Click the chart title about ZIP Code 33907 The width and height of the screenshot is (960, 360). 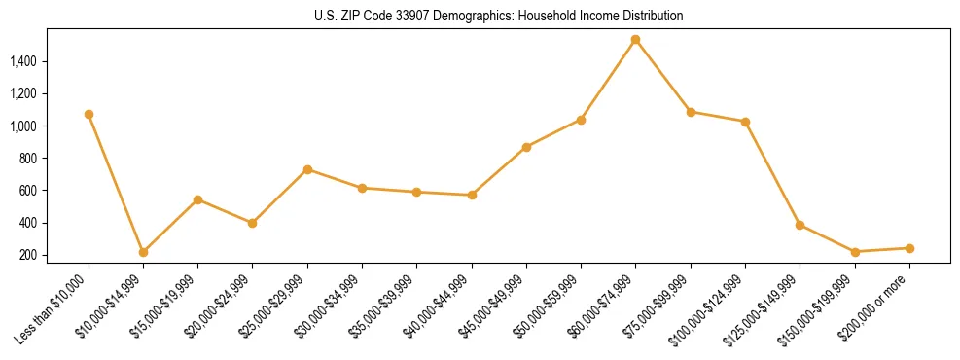pos(499,16)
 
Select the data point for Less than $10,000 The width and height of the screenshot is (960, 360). pos(89,114)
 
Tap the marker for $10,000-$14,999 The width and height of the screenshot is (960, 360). pos(143,252)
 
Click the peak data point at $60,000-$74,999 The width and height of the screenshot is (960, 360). pos(635,40)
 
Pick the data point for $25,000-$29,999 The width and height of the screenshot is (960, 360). pos(307,169)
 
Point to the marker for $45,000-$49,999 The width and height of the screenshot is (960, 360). pos(526,147)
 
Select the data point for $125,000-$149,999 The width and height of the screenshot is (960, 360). pos(800,225)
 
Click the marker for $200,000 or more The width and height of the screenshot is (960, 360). pos(909,248)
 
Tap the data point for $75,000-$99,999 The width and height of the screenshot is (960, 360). pos(691,112)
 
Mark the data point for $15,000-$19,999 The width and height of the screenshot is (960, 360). pos(197,199)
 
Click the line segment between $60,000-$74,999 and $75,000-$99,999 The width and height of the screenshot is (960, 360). pos(662,76)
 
